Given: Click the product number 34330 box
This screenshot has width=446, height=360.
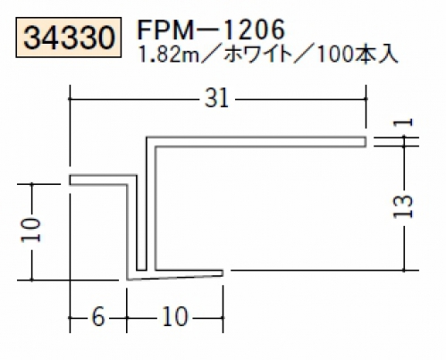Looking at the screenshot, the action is click(69, 38).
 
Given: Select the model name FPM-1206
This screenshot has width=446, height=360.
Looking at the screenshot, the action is click(212, 29).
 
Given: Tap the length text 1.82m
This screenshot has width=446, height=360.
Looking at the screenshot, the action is click(169, 55).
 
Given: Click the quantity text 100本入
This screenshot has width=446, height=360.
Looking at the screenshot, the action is click(358, 55).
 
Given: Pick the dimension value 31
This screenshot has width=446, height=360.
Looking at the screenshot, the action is click(216, 98).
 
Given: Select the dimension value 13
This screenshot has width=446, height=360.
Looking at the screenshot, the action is click(403, 206).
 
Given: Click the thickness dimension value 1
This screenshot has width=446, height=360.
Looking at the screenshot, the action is click(403, 122).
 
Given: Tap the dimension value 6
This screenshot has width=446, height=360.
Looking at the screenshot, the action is click(98, 317).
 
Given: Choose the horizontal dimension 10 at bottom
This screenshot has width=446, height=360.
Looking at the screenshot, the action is click(175, 317).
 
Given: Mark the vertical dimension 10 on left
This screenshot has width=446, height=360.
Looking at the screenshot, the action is click(31, 230).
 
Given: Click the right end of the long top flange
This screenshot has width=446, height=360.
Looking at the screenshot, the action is click(366, 142).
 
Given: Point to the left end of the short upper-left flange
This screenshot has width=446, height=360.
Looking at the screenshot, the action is click(71, 180).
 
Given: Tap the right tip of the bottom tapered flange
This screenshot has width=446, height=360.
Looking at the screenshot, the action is click(223, 272).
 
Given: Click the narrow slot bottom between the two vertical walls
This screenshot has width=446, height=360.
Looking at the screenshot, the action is click(141, 271).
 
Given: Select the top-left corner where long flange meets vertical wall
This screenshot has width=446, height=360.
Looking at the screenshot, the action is click(147, 138).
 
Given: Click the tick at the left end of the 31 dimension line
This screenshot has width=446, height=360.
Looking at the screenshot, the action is click(70, 98).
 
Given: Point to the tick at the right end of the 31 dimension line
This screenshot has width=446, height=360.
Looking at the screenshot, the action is click(366, 98).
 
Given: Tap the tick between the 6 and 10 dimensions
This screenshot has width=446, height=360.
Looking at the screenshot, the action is click(127, 318).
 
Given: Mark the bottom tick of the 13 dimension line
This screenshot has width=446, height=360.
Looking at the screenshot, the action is click(404, 271).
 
